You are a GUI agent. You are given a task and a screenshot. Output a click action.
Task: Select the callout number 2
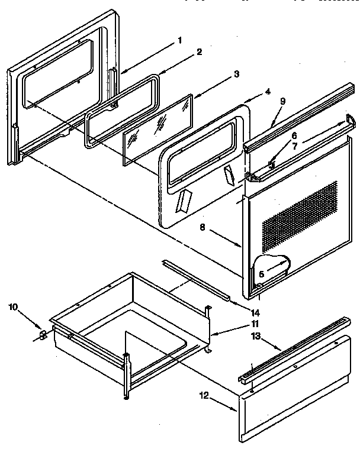coord(200,52)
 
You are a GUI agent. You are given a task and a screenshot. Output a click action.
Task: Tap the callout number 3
coord(236,75)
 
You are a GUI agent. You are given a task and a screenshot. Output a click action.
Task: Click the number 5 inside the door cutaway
coord(262,274)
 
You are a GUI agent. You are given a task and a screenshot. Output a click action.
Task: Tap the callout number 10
coord(14,307)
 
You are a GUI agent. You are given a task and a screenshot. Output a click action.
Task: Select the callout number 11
coord(254,324)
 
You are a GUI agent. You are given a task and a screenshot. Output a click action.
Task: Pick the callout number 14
coord(255,312)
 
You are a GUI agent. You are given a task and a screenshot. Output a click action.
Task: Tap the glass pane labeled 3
coord(159,127)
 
